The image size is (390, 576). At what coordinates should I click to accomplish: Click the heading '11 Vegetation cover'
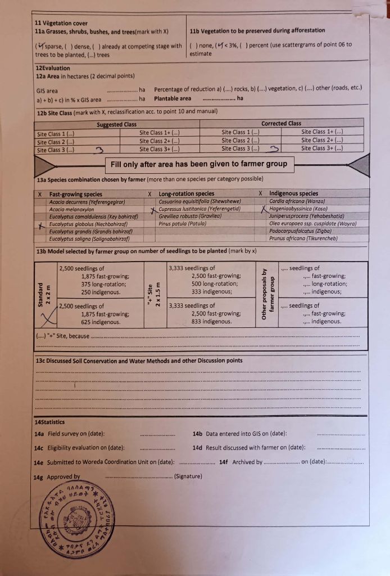61,24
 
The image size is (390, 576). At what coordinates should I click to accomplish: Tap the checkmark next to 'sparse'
41,46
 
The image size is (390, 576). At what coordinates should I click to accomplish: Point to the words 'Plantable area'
173,99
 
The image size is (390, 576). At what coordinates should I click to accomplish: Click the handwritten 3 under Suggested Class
100,150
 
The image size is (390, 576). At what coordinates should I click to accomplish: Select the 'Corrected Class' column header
281,123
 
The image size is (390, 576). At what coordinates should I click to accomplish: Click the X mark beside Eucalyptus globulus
41,225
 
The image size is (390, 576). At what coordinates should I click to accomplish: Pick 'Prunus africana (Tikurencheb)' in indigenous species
303,238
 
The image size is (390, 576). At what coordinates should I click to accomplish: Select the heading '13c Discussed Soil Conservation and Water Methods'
138,361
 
